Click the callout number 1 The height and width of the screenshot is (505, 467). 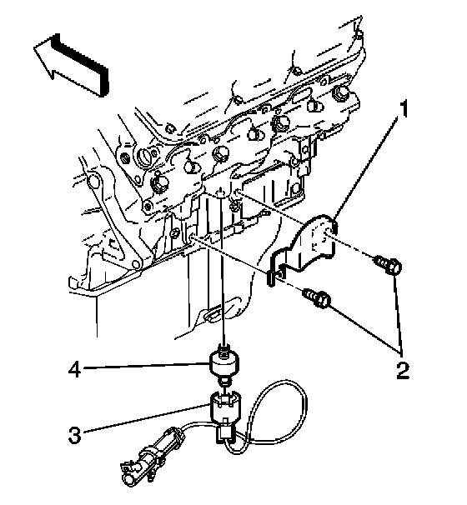coord(403,108)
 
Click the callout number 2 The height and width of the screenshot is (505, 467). coord(403,370)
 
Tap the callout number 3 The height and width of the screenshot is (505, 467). coord(75,435)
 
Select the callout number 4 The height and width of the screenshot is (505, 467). coord(74,369)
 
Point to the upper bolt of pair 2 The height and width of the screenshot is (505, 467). coord(388,265)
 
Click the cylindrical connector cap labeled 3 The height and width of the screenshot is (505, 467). coord(224,407)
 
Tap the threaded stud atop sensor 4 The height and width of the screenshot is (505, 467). coord(223,349)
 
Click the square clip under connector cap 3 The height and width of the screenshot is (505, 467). coord(225,432)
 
